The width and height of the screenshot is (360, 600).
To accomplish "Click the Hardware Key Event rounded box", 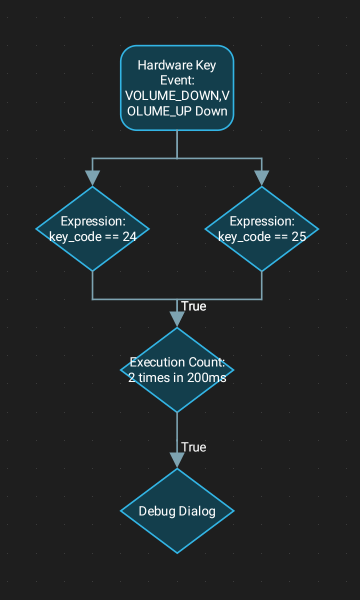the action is (177, 88).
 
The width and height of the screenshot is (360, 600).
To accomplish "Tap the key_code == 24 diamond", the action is (93, 229).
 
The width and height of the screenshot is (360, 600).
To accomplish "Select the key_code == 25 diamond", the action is (261, 229).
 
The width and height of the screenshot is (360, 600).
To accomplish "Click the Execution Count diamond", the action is (177, 369).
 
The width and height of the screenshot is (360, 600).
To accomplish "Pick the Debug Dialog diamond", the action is (177, 511).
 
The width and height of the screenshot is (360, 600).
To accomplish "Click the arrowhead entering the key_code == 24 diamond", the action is (93, 178).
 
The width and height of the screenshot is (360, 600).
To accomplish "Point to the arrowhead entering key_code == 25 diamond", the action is (261, 178).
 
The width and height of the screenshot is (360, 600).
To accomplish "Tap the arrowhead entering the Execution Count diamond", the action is (177, 319).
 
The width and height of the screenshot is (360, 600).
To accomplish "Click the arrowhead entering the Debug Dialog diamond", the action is (177, 460).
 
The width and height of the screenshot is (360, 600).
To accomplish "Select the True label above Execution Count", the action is (194, 306).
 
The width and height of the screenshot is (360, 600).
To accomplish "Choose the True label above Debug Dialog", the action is (194, 447).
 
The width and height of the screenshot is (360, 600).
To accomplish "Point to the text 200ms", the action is (209, 377).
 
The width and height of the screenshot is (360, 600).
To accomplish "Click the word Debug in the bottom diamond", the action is (158, 512).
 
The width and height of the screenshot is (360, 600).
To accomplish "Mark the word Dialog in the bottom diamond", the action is (197, 512).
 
